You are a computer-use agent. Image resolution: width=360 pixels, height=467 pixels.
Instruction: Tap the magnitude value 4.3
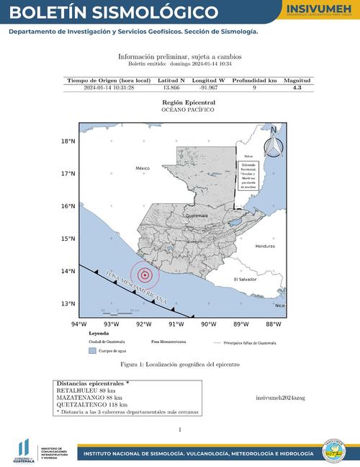coord(297,87)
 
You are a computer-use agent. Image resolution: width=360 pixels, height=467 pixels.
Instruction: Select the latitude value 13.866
coord(171,87)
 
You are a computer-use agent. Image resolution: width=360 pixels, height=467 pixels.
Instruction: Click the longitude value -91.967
coord(208,87)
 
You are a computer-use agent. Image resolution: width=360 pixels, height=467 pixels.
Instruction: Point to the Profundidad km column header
coord(254,81)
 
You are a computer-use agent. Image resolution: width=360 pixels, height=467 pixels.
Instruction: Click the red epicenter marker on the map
coord(145,274)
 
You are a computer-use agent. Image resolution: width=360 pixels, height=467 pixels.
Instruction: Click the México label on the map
coord(142,168)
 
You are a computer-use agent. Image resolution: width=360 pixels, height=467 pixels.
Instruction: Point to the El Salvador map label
coord(246,279)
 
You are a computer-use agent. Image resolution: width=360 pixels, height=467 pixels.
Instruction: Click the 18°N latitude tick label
coord(68,141)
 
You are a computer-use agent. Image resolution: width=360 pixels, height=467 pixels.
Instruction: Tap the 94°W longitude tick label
coord(78,324)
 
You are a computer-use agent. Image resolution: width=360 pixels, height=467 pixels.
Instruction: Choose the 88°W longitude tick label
coord(273,324)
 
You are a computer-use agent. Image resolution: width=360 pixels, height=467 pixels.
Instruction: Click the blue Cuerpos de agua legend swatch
coord(91,350)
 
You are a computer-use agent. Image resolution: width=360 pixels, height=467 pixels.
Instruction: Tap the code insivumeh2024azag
coord(280,397)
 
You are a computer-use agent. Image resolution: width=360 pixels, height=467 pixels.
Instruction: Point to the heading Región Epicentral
coord(189,102)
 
